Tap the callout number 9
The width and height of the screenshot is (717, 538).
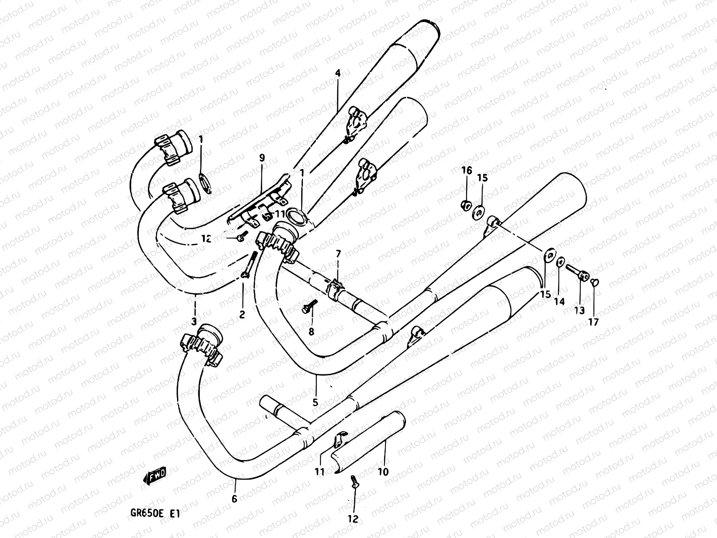[262, 157]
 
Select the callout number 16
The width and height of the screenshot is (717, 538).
[466, 170]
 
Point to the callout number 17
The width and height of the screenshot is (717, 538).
[594, 321]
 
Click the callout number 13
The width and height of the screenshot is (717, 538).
[579, 310]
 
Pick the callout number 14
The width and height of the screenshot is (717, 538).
[559, 302]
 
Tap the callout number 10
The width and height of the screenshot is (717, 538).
[383, 472]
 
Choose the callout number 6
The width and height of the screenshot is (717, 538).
[234, 499]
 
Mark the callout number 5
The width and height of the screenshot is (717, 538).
[315, 402]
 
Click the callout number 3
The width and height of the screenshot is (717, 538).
[194, 321]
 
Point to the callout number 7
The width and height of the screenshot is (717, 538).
[338, 254]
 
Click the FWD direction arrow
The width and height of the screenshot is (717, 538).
[155, 476]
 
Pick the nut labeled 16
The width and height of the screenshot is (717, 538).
[465, 205]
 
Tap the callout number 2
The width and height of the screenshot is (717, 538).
[242, 314]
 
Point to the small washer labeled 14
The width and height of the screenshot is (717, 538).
[560, 261]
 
